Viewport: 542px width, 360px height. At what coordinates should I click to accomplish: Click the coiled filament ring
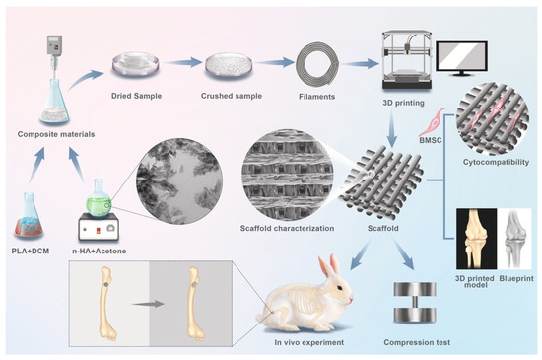coord(314,66)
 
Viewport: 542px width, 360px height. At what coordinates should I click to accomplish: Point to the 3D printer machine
coord(406,60)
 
